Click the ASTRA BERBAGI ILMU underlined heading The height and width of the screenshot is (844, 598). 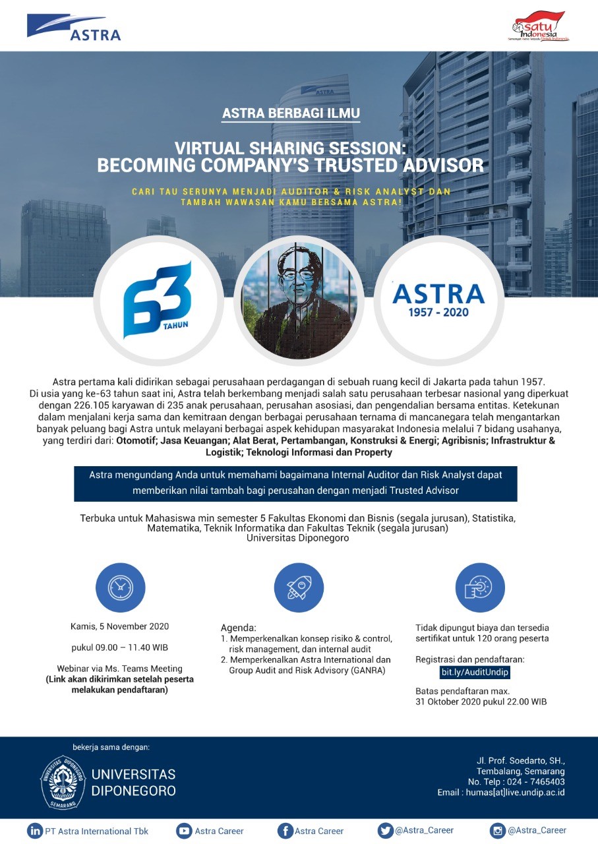(291, 113)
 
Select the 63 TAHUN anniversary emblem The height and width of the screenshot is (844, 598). (157, 299)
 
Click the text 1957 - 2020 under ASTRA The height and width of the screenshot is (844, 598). (438, 312)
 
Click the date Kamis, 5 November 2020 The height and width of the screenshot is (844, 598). (119, 626)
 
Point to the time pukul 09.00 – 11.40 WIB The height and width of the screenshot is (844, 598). (119, 648)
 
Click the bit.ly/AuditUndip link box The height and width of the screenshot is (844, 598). (475, 672)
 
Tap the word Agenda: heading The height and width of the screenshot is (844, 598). (238, 628)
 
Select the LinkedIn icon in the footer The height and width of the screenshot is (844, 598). (34, 831)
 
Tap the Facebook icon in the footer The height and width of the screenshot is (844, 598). (285, 831)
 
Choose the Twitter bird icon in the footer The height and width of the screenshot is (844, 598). (385, 831)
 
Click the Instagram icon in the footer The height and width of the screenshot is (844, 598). (497, 831)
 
